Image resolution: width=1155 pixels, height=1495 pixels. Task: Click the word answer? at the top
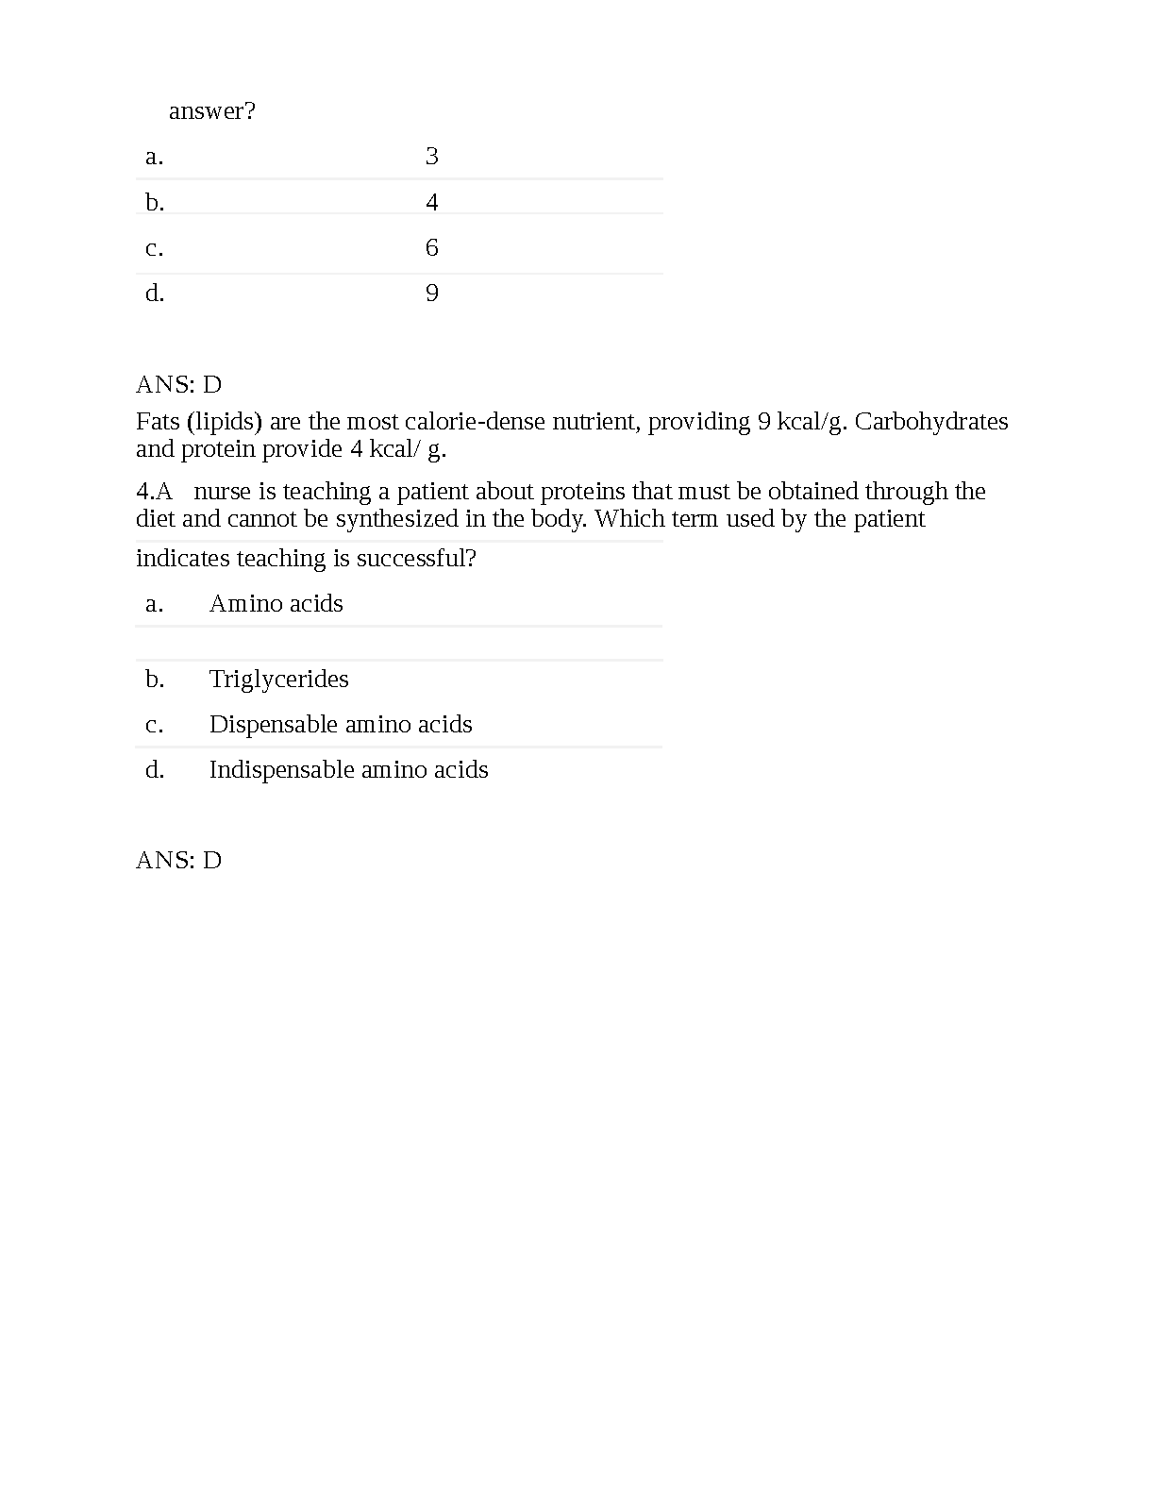coord(211,111)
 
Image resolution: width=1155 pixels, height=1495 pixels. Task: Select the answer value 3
coord(432,157)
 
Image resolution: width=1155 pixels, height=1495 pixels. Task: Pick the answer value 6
coord(432,248)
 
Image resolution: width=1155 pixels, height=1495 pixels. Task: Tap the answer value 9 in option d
coord(432,294)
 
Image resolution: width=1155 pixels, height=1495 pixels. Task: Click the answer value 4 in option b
coord(432,202)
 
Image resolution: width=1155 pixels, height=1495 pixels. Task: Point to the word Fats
coord(158,421)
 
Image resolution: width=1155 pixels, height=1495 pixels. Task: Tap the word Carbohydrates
coord(931,421)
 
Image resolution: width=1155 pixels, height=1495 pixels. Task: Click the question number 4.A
coord(155,492)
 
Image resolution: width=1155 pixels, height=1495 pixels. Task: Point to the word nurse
coord(222,492)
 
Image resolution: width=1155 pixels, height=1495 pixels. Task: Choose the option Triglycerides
coord(278,680)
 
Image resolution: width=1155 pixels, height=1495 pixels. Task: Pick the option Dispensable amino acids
coord(341,725)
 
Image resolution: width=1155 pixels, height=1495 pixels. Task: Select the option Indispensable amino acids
coord(348,770)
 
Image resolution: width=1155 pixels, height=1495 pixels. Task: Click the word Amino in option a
coord(240,604)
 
